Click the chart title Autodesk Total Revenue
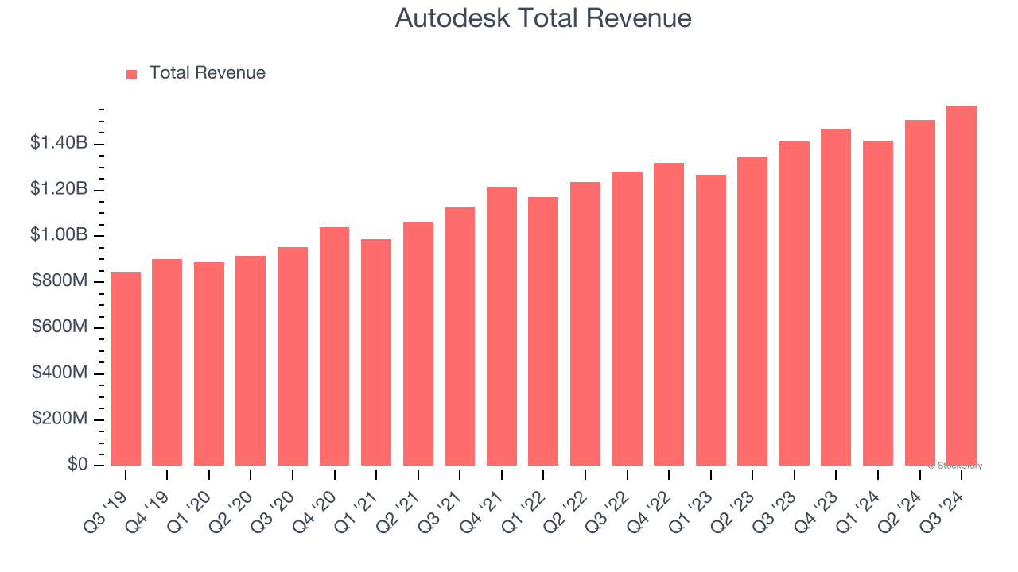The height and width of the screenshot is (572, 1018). point(543,18)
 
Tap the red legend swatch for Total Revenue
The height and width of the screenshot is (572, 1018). point(132,74)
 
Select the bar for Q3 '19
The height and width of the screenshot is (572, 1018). point(126,369)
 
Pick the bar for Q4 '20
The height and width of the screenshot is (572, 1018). point(334,346)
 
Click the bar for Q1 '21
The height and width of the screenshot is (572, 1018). point(376,353)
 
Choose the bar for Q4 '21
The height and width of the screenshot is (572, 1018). point(502,327)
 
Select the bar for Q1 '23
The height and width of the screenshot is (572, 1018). point(710,320)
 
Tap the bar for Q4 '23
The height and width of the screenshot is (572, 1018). point(836,297)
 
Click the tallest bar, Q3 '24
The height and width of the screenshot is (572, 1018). point(961,286)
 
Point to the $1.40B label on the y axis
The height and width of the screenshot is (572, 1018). point(59,144)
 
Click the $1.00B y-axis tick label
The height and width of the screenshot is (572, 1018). point(59,236)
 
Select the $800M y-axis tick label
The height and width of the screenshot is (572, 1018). point(60,281)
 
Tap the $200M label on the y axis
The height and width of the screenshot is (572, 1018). point(60,419)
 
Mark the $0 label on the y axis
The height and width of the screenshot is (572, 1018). point(78,465)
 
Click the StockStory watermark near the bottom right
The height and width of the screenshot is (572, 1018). point(955,466)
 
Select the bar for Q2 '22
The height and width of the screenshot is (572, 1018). point(585,324)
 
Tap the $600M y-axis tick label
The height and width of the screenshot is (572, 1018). point(60,327)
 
